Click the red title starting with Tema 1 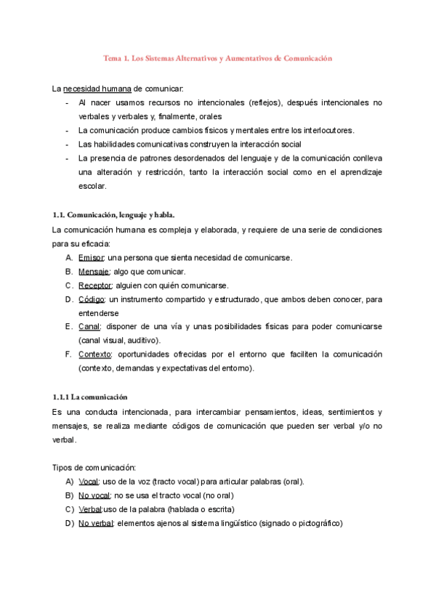tap(217, 57)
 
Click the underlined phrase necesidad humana tap(97, 89)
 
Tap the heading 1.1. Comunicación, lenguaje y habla tap(114, 215)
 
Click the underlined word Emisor tap(92, 257)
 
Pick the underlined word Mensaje tap(94, 271)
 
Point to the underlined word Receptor tap(95, 285)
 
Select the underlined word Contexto tap(95, 354)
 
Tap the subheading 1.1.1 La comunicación tap(90, 397)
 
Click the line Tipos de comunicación tap(95, 467)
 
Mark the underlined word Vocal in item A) tap(89, 481)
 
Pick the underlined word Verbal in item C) tap(91, 508)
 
